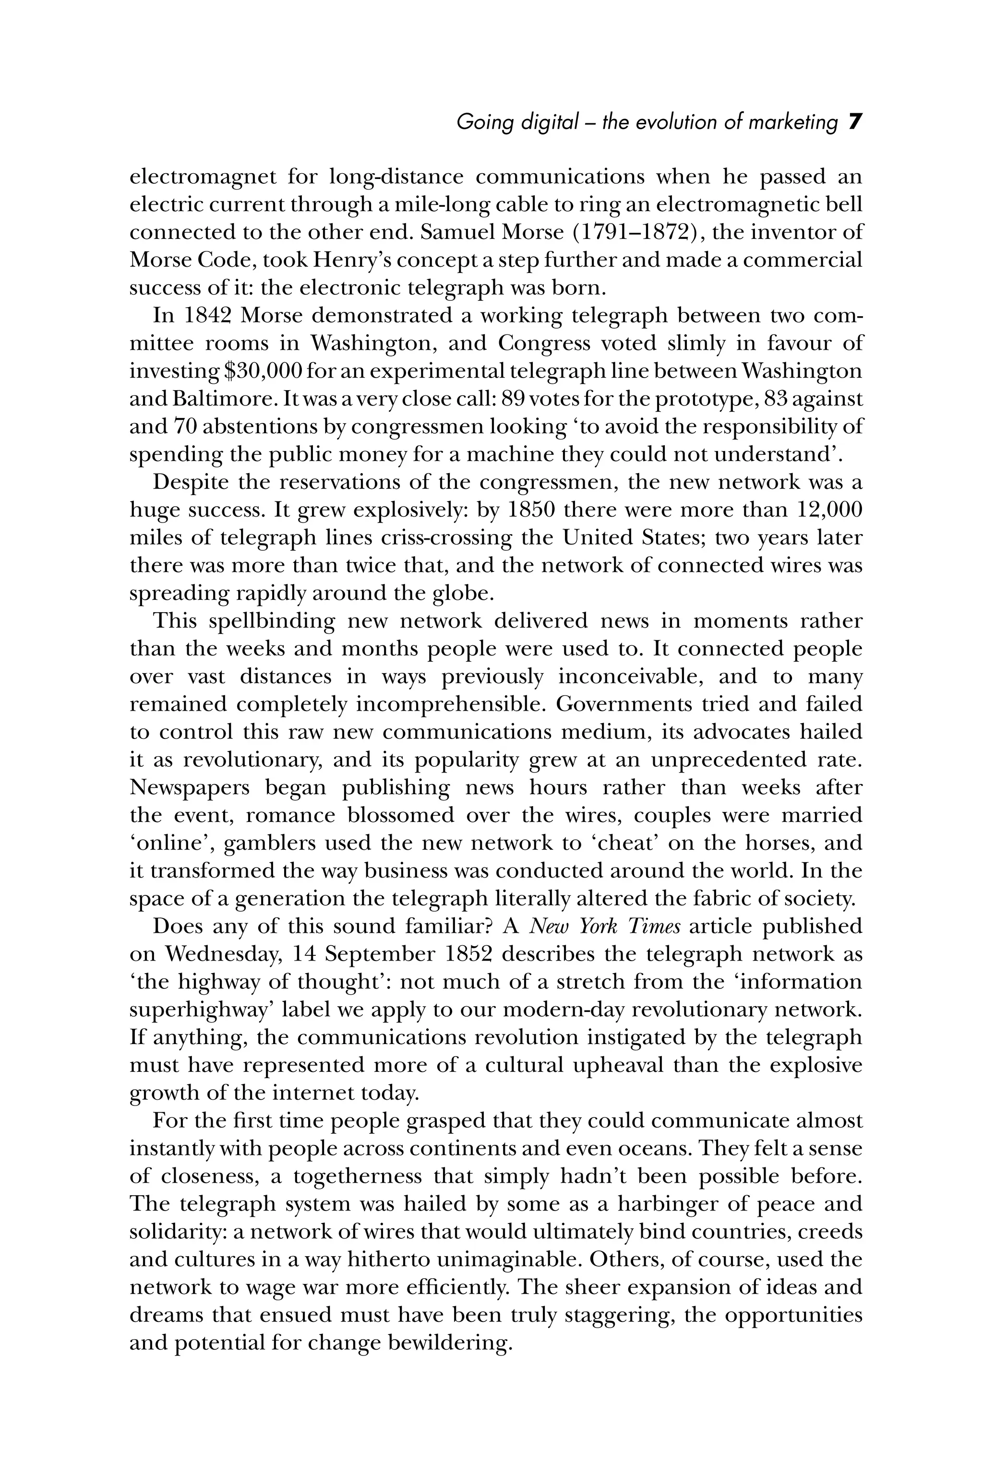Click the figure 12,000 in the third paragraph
(x=829, y=510)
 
